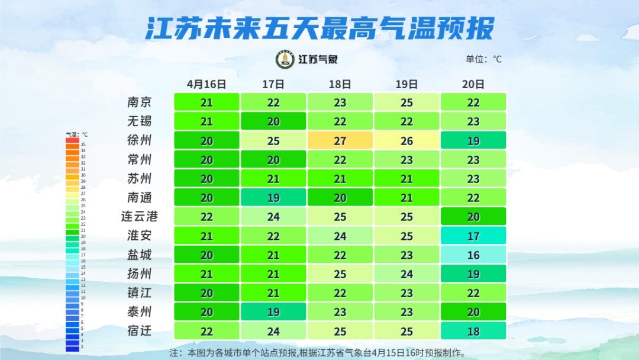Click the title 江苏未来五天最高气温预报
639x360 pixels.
click(319, 28)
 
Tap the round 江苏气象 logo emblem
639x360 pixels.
click(285, 59)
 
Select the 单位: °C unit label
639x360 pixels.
click(483, 59)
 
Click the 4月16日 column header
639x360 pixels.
click(206, 84)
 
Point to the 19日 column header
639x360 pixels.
click(406, 84)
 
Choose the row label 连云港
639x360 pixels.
click(139, 216)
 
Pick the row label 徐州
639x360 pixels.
click(139, 140)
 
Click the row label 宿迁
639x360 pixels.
click(139, 330)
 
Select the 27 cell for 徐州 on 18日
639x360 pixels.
click(340, 140)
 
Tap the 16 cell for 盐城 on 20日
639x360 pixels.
click(473, 255)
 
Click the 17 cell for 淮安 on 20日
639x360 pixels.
click(473, 236)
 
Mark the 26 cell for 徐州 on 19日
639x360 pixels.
click(406, 140)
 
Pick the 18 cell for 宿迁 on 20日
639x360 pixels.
click(473, 330)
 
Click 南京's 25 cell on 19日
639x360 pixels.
click(406, 102)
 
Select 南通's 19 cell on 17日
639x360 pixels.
click(273, 197)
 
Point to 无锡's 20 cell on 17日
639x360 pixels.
click(273, 121)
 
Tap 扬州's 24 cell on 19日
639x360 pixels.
click(406, 274)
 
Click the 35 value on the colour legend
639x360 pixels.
click(83, 144)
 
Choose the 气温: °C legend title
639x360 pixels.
click(76, 134)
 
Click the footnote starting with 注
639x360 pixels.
click(318, 352)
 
